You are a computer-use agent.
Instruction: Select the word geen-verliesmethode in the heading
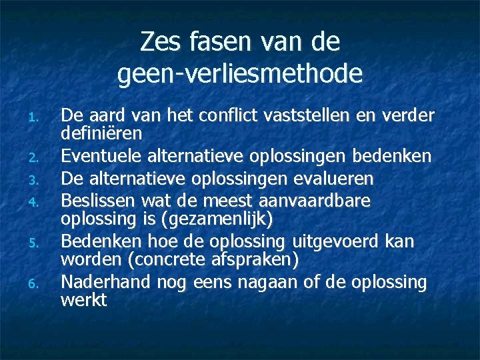[x=240, y=73]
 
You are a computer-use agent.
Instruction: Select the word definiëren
[x=102, y=134]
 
